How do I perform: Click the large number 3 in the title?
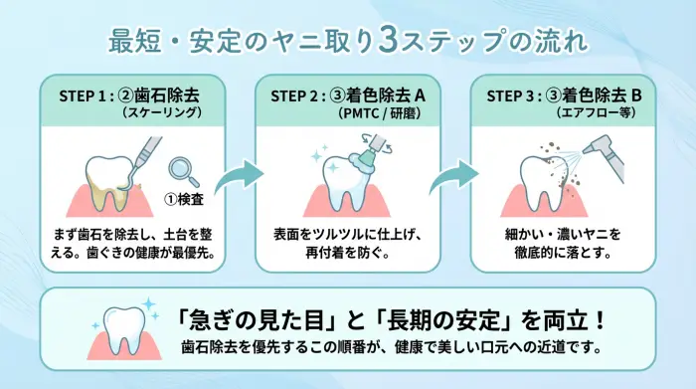(x=391, y=41)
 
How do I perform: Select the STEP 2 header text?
(x=348, y=97)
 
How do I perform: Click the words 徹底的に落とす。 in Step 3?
(x=562, y=253)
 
